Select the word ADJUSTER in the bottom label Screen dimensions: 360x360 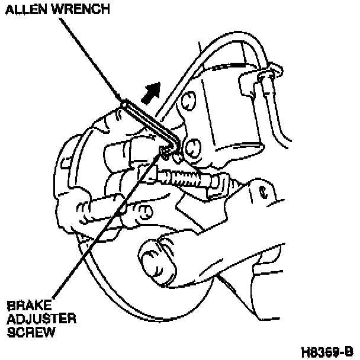(x=41, y=320)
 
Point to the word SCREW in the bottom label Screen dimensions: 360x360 (x=30, y=332)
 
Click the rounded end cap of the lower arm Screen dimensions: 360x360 (x=150, y=255)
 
